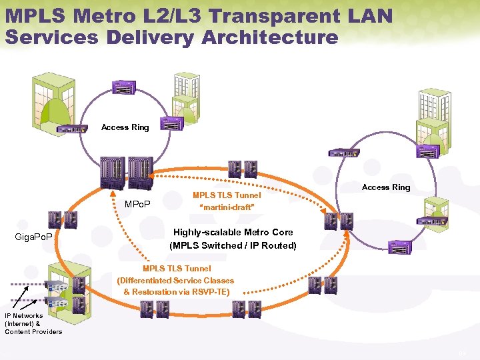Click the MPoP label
[x=137, y=203]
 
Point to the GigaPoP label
[x=35, y=237]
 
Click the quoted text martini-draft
[x=227, y=207]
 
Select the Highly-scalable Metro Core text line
[x=233, y=233]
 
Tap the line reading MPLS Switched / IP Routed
[x=233, y=245]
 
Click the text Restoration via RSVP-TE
[x=177, y=292]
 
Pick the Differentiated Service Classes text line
[x=175, y=281]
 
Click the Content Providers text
[x=33, y=331]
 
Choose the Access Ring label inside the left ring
[x=125, y=127]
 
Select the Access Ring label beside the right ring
[x=386, y=187]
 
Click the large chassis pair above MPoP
[x=127, y=172]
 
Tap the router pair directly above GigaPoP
[x=63, y=220]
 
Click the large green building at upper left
[x=53, y=100]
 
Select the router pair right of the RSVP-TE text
[x=323, y=285]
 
